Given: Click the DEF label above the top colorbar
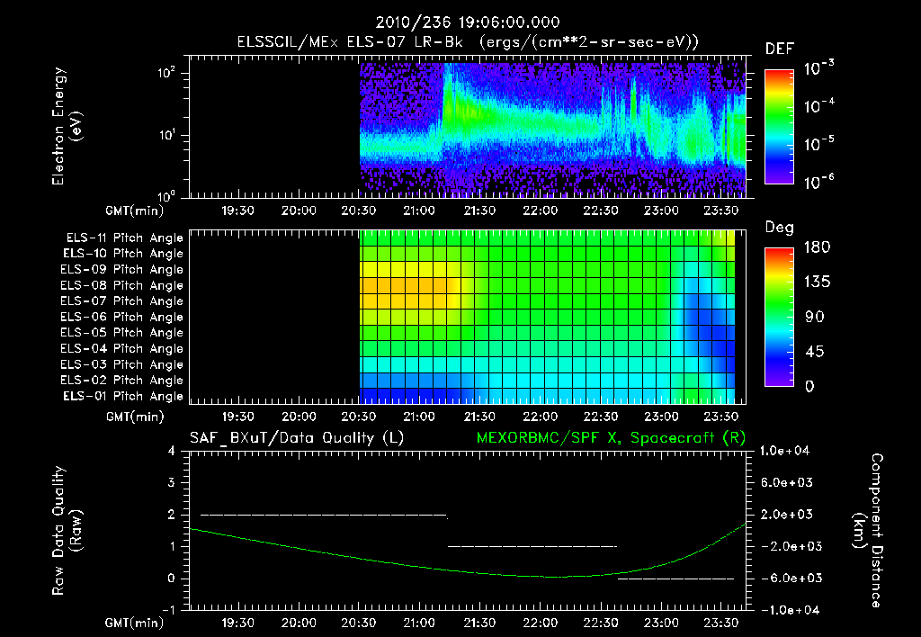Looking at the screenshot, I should (x=779, y=49).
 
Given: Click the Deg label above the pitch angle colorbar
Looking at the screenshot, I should (x=779, y=228).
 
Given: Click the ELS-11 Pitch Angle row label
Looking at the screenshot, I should (x=124, y=238).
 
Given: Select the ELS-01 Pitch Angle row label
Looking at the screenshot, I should (x=124, y=397).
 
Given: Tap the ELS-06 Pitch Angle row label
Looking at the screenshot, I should (x=124, y=318).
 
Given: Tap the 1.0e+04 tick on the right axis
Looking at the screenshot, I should (x=786, y=451).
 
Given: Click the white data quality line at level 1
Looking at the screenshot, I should (x=532, y=546).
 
